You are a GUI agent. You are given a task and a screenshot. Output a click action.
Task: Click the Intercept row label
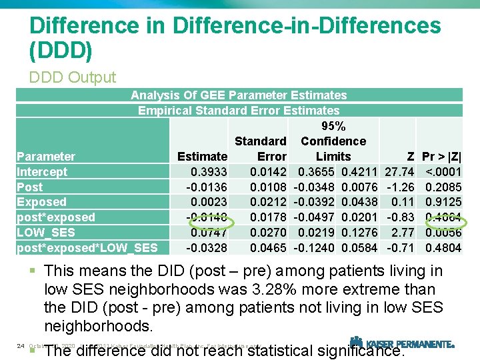tap(42, 172)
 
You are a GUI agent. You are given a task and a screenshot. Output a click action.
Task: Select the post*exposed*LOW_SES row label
tap(87, 248)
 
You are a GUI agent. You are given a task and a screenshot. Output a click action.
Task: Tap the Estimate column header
tap(202, 157)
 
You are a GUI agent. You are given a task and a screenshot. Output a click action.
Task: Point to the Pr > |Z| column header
tap(443, 157)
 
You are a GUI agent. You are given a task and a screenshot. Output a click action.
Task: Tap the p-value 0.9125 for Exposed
tap(444, 202)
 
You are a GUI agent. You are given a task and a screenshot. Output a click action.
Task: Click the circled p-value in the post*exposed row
tap(444, 217)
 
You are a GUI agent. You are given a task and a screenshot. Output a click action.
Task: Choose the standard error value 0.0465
tap(268, 248)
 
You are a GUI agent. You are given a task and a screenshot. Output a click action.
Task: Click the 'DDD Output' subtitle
tap(73, 77)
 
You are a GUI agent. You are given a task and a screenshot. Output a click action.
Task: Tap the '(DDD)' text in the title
tap(61, 50)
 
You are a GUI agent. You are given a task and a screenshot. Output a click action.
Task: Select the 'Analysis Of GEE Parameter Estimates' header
tap(239, 95)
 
